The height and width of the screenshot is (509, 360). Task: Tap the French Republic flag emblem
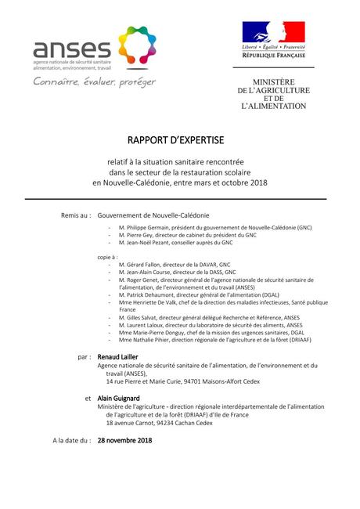pos(273,32)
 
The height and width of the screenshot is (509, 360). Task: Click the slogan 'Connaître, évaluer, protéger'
pos(93,81)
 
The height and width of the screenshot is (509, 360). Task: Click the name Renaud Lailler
pos(118,356)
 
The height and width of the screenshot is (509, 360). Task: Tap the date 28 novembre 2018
pos(124,440)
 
